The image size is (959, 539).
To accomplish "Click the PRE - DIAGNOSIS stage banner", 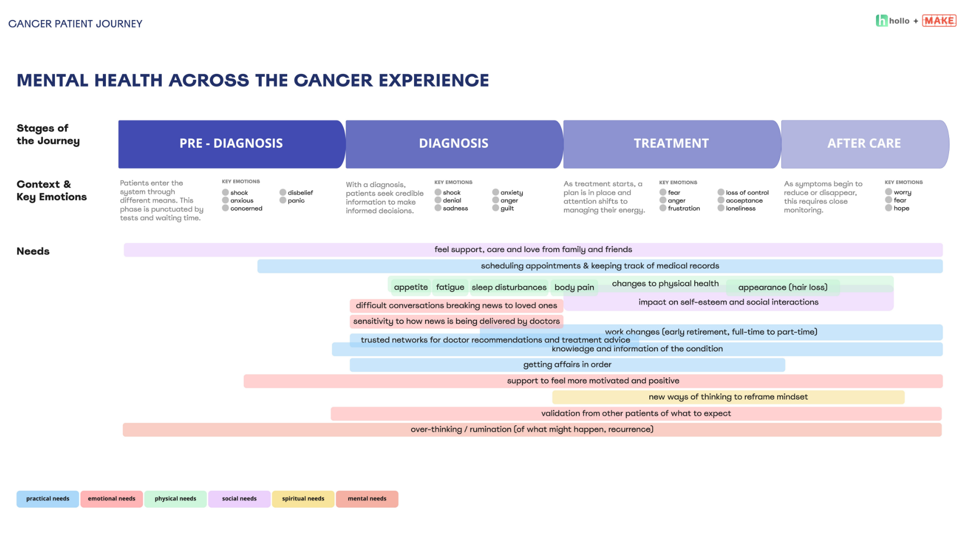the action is [x=231, y=144].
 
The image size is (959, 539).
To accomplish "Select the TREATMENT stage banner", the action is [x=672, y=144].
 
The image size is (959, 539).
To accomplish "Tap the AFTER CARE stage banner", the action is [x=865, y=144].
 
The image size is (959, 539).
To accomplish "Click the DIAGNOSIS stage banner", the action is [x=454, y=144].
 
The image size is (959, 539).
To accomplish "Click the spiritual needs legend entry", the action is [x=303, y=499].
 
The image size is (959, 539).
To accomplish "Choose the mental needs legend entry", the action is [x=367, y=499].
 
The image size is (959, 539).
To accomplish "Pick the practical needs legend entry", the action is [x=47, y=499].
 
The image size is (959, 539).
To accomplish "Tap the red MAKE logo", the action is [x=939, y=20].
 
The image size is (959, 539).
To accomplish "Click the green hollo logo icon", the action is [x=882, y=20].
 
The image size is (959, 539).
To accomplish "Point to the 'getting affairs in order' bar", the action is [x=567, y=365].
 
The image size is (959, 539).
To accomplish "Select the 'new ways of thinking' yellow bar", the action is [x=728, y=397].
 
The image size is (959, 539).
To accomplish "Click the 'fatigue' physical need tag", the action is [x=450, y=287].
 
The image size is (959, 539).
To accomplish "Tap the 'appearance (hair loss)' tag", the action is [x=783, y=287].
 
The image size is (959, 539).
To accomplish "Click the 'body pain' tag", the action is [x=574, y=287].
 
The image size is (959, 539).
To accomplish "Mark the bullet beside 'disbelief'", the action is [x=283, y=192].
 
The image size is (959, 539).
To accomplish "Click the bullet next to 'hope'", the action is [x=889, y=208].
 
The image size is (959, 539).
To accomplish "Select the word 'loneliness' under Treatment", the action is [x=741, y=208].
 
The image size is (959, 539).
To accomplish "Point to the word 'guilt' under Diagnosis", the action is [x=507, y=208].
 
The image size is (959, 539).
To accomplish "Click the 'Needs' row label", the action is [x=33, y=251].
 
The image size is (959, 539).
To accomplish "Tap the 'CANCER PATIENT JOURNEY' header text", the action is [x=75, y=23].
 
